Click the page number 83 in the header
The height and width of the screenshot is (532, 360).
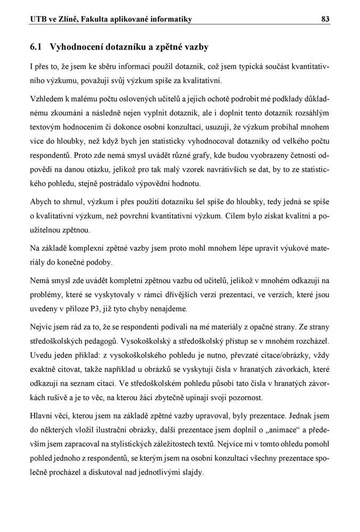325,20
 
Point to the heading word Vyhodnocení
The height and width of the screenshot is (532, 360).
79,47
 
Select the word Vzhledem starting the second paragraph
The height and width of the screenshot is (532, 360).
47,99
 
